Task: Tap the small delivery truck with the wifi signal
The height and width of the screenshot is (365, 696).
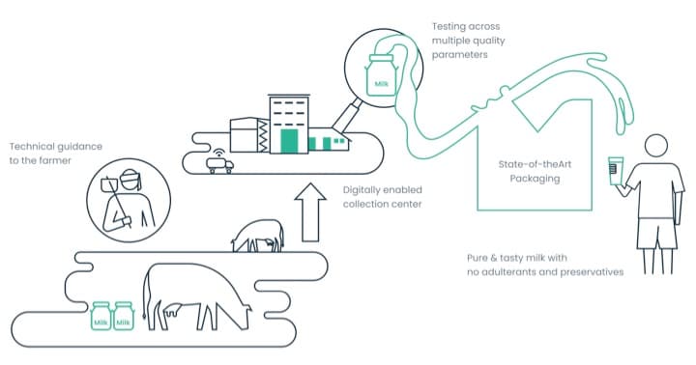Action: click(219, 164)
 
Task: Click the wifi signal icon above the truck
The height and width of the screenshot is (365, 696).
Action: click(217, 152)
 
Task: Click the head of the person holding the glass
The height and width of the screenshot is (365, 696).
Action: click(654, 147)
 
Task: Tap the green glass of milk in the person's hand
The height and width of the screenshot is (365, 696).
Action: click(615, 171)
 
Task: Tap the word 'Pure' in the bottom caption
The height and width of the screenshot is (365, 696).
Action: click(478, 257)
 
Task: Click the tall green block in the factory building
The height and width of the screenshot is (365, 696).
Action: click(288, 141)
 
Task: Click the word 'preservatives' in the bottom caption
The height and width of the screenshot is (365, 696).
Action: click(590, 272)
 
